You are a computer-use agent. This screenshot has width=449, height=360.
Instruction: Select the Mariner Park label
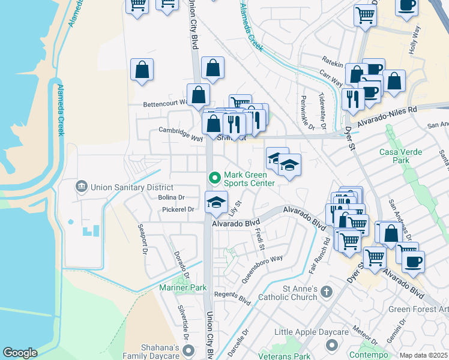click(182, 288)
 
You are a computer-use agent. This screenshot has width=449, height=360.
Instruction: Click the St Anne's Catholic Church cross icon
click(326, 292)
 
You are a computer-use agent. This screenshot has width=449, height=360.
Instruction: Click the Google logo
click(20, 353)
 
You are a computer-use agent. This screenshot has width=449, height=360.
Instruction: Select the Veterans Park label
click(283, 356)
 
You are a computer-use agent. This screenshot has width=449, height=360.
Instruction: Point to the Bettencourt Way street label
click(165, 104)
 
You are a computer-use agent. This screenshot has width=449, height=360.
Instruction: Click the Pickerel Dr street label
click(178, 209)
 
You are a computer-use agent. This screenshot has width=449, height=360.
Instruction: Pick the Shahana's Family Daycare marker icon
click(189, 350)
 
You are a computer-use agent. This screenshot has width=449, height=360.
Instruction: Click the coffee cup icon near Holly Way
click(406, 5)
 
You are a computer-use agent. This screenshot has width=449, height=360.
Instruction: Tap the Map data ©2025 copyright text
click(424, 355)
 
